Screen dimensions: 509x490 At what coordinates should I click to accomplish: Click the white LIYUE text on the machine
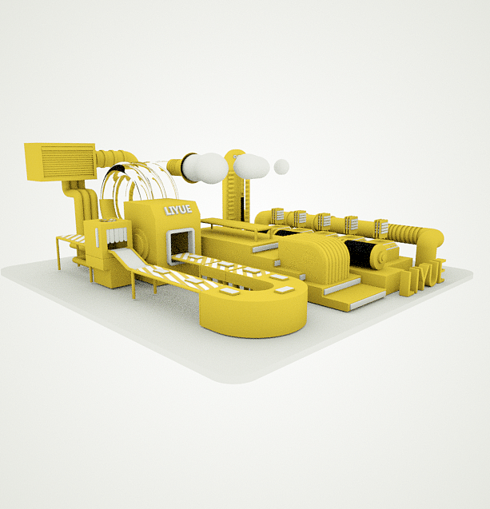pos(177,210)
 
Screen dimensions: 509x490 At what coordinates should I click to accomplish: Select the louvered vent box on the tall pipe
pos(60,161)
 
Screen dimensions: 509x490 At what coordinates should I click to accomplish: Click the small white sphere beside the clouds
pos(281,166)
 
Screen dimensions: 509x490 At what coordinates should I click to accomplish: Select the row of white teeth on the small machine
pos(117,236)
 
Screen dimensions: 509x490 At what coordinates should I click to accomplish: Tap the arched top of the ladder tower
pos(234,156)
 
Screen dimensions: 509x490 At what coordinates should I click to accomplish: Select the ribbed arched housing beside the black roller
pos(324,260)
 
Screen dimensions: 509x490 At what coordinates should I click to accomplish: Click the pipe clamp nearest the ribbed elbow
pos(380,229)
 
